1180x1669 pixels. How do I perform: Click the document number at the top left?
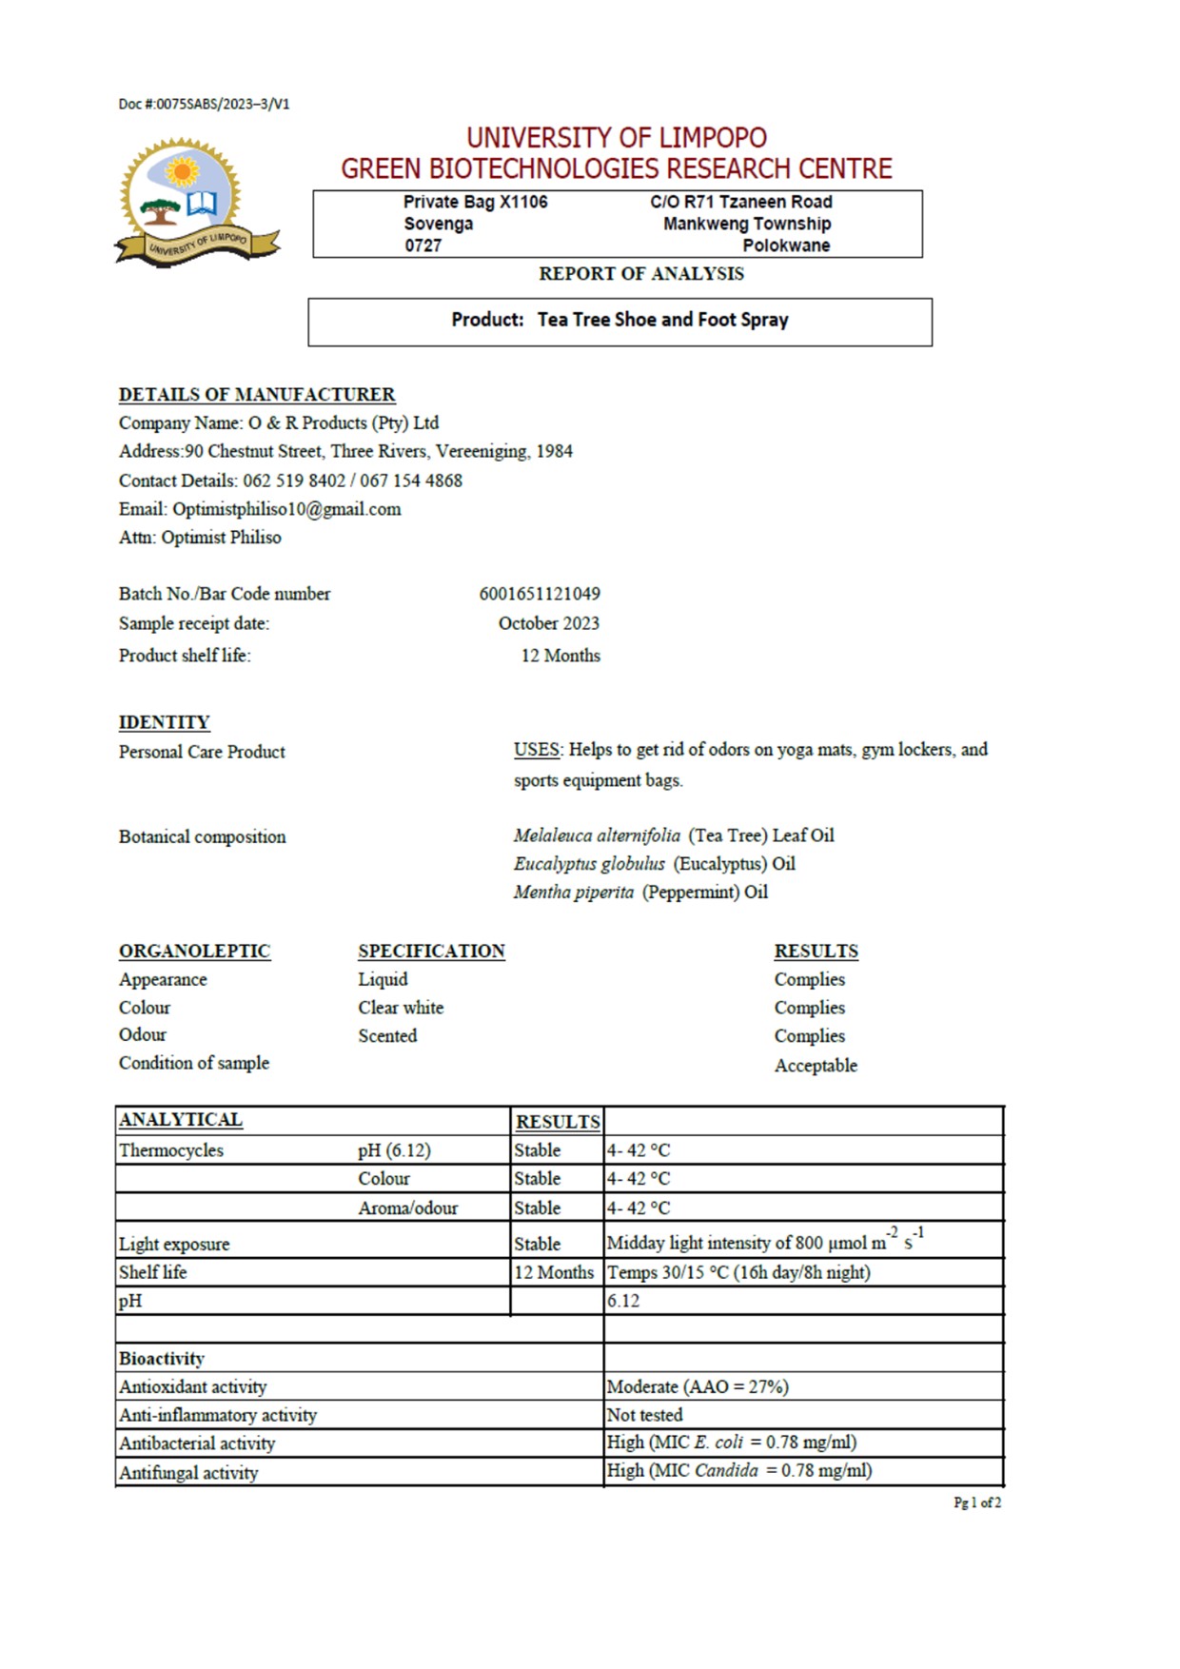coord(204,104)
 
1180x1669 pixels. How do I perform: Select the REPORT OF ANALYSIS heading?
coord(641,274)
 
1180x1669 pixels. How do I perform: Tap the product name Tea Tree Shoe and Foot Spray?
coord(662,320)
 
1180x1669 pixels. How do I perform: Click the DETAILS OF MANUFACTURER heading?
coord(257,394)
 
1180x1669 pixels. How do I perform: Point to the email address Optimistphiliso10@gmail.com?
coord(286,509)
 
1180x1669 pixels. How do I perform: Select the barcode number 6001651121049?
coord(540,594)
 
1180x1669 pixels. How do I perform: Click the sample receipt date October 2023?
coord(549,623)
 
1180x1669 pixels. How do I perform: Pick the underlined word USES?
coord(537,750)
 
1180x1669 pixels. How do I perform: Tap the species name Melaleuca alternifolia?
coord(597,835)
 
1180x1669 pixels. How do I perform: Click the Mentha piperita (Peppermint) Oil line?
coord(640,893)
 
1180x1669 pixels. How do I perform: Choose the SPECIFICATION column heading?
coord(431,951)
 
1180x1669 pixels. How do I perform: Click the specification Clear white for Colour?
coord(401,1008)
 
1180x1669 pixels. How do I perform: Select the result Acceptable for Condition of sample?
coord(816,1066)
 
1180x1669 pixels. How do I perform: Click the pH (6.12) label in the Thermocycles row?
coord(394,1150)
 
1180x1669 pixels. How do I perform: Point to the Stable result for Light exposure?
coord(538,1244)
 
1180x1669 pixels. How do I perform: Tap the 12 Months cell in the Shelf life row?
coord(554,1272)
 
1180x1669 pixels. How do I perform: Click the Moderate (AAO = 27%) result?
coord(698,1386)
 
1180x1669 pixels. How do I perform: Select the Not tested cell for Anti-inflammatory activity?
coord(644,1415)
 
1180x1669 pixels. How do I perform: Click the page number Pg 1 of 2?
coord(977,1502)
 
